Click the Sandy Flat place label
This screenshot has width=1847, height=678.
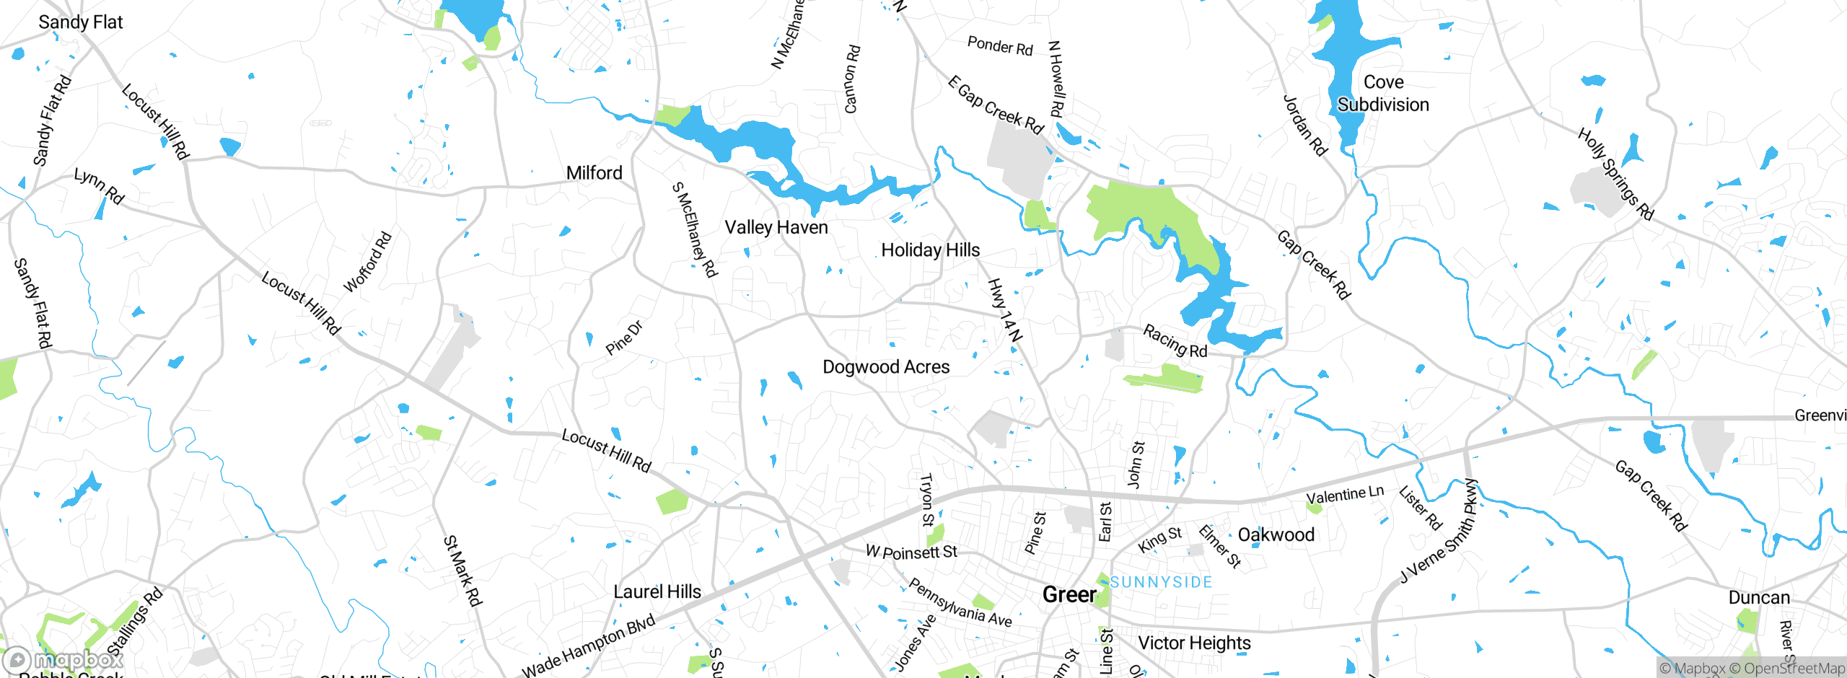[x=80, y=22]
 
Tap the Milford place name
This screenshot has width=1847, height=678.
[x=594, y=173]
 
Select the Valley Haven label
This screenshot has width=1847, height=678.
[x=776, y=228]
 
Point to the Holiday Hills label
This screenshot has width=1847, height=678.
[x=930, y=250]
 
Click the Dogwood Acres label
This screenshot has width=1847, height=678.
[x=886, y=367]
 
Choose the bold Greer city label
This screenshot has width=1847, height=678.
[x=1069, y=595]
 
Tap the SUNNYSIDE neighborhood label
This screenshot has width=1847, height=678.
[x=1161, y=582]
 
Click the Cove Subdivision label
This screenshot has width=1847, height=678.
[x=1383, y=94]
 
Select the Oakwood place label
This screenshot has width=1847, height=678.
[x=1276, y=535]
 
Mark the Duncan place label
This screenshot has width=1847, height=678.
[x=1758, y=598]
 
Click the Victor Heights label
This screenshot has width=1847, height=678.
[x=1194, y=643]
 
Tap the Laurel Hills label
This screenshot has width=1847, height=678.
[x=657, y=592]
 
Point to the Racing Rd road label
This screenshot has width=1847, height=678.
[x=1175, y=341]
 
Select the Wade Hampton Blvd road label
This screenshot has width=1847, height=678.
[x=589, y=646]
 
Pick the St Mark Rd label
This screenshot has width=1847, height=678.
[x=462, y=571]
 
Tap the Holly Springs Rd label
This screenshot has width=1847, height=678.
[x=1615, y=174]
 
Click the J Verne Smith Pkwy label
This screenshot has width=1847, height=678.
[x=1439, y=531]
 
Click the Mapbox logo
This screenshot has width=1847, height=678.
[x=63, y=659]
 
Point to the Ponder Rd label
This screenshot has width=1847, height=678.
[x=1000, y=46]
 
